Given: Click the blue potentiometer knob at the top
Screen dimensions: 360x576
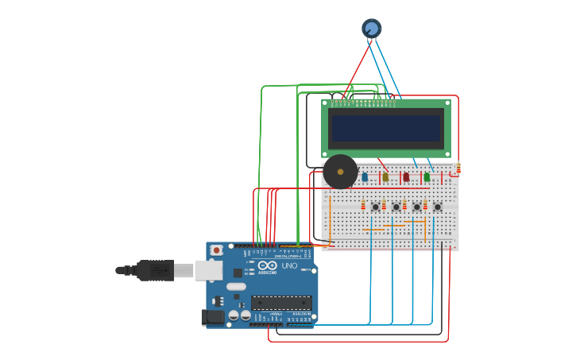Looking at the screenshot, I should [371, 29].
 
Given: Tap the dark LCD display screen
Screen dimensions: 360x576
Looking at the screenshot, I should [386, 129].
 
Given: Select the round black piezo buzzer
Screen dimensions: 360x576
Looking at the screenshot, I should [340, 172].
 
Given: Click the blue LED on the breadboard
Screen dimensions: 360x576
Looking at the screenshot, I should [365, 176].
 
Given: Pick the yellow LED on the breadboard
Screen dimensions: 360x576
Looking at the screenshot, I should [385, 176].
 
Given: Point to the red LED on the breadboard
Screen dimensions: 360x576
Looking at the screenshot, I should [406, 176].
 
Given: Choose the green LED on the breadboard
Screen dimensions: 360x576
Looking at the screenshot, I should [427, 176].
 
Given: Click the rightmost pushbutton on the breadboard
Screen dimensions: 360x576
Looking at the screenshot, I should [437, 207].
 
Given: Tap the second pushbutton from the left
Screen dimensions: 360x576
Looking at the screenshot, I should [396, 207].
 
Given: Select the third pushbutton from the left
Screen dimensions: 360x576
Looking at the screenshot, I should [416, 207].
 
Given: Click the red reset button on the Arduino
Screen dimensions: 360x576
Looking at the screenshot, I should [216, 250].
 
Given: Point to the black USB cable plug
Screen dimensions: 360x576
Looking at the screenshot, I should [155, 270].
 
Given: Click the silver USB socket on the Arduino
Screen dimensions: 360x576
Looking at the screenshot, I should [208, 270].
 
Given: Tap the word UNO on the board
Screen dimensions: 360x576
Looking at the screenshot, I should [289, 265].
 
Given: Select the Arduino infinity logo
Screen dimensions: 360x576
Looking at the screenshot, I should [267, 265].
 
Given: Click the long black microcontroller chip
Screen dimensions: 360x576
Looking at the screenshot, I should [281, 303].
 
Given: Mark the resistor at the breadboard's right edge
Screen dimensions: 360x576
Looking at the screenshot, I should [458, 168].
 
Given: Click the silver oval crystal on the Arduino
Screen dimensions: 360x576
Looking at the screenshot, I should [236, 286].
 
